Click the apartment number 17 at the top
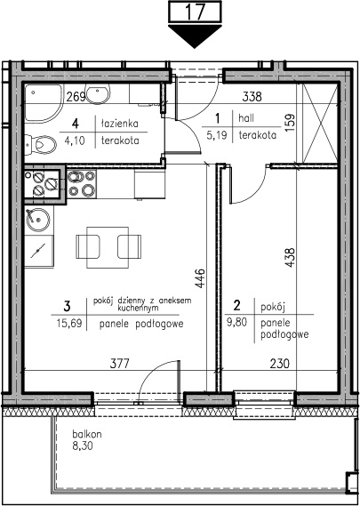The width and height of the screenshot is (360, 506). coord(196,12)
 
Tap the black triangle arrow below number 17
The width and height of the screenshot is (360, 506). coord(195,36)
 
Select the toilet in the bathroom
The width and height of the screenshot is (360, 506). coord(41,144)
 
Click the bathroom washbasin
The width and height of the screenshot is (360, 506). coord(98,94)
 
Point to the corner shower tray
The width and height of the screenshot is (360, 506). coord(43,103)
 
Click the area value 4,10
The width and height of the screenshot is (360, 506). coord(76,141)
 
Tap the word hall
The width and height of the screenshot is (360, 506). coord(246,118)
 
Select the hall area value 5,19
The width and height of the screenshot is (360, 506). coord(218,135)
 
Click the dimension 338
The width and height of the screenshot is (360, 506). coord(252,97)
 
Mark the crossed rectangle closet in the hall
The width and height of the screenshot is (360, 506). coord(320,123)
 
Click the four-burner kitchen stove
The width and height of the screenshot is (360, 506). coord(81,184)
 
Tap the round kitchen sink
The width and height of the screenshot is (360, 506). coord(38,220)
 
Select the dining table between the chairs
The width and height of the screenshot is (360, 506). coord(108,247)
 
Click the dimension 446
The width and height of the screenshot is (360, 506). coord(200,278)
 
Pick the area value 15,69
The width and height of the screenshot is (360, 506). coord(68,323)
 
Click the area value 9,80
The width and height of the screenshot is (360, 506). coord(237,323)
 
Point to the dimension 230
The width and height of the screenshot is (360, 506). coord(279,364)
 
